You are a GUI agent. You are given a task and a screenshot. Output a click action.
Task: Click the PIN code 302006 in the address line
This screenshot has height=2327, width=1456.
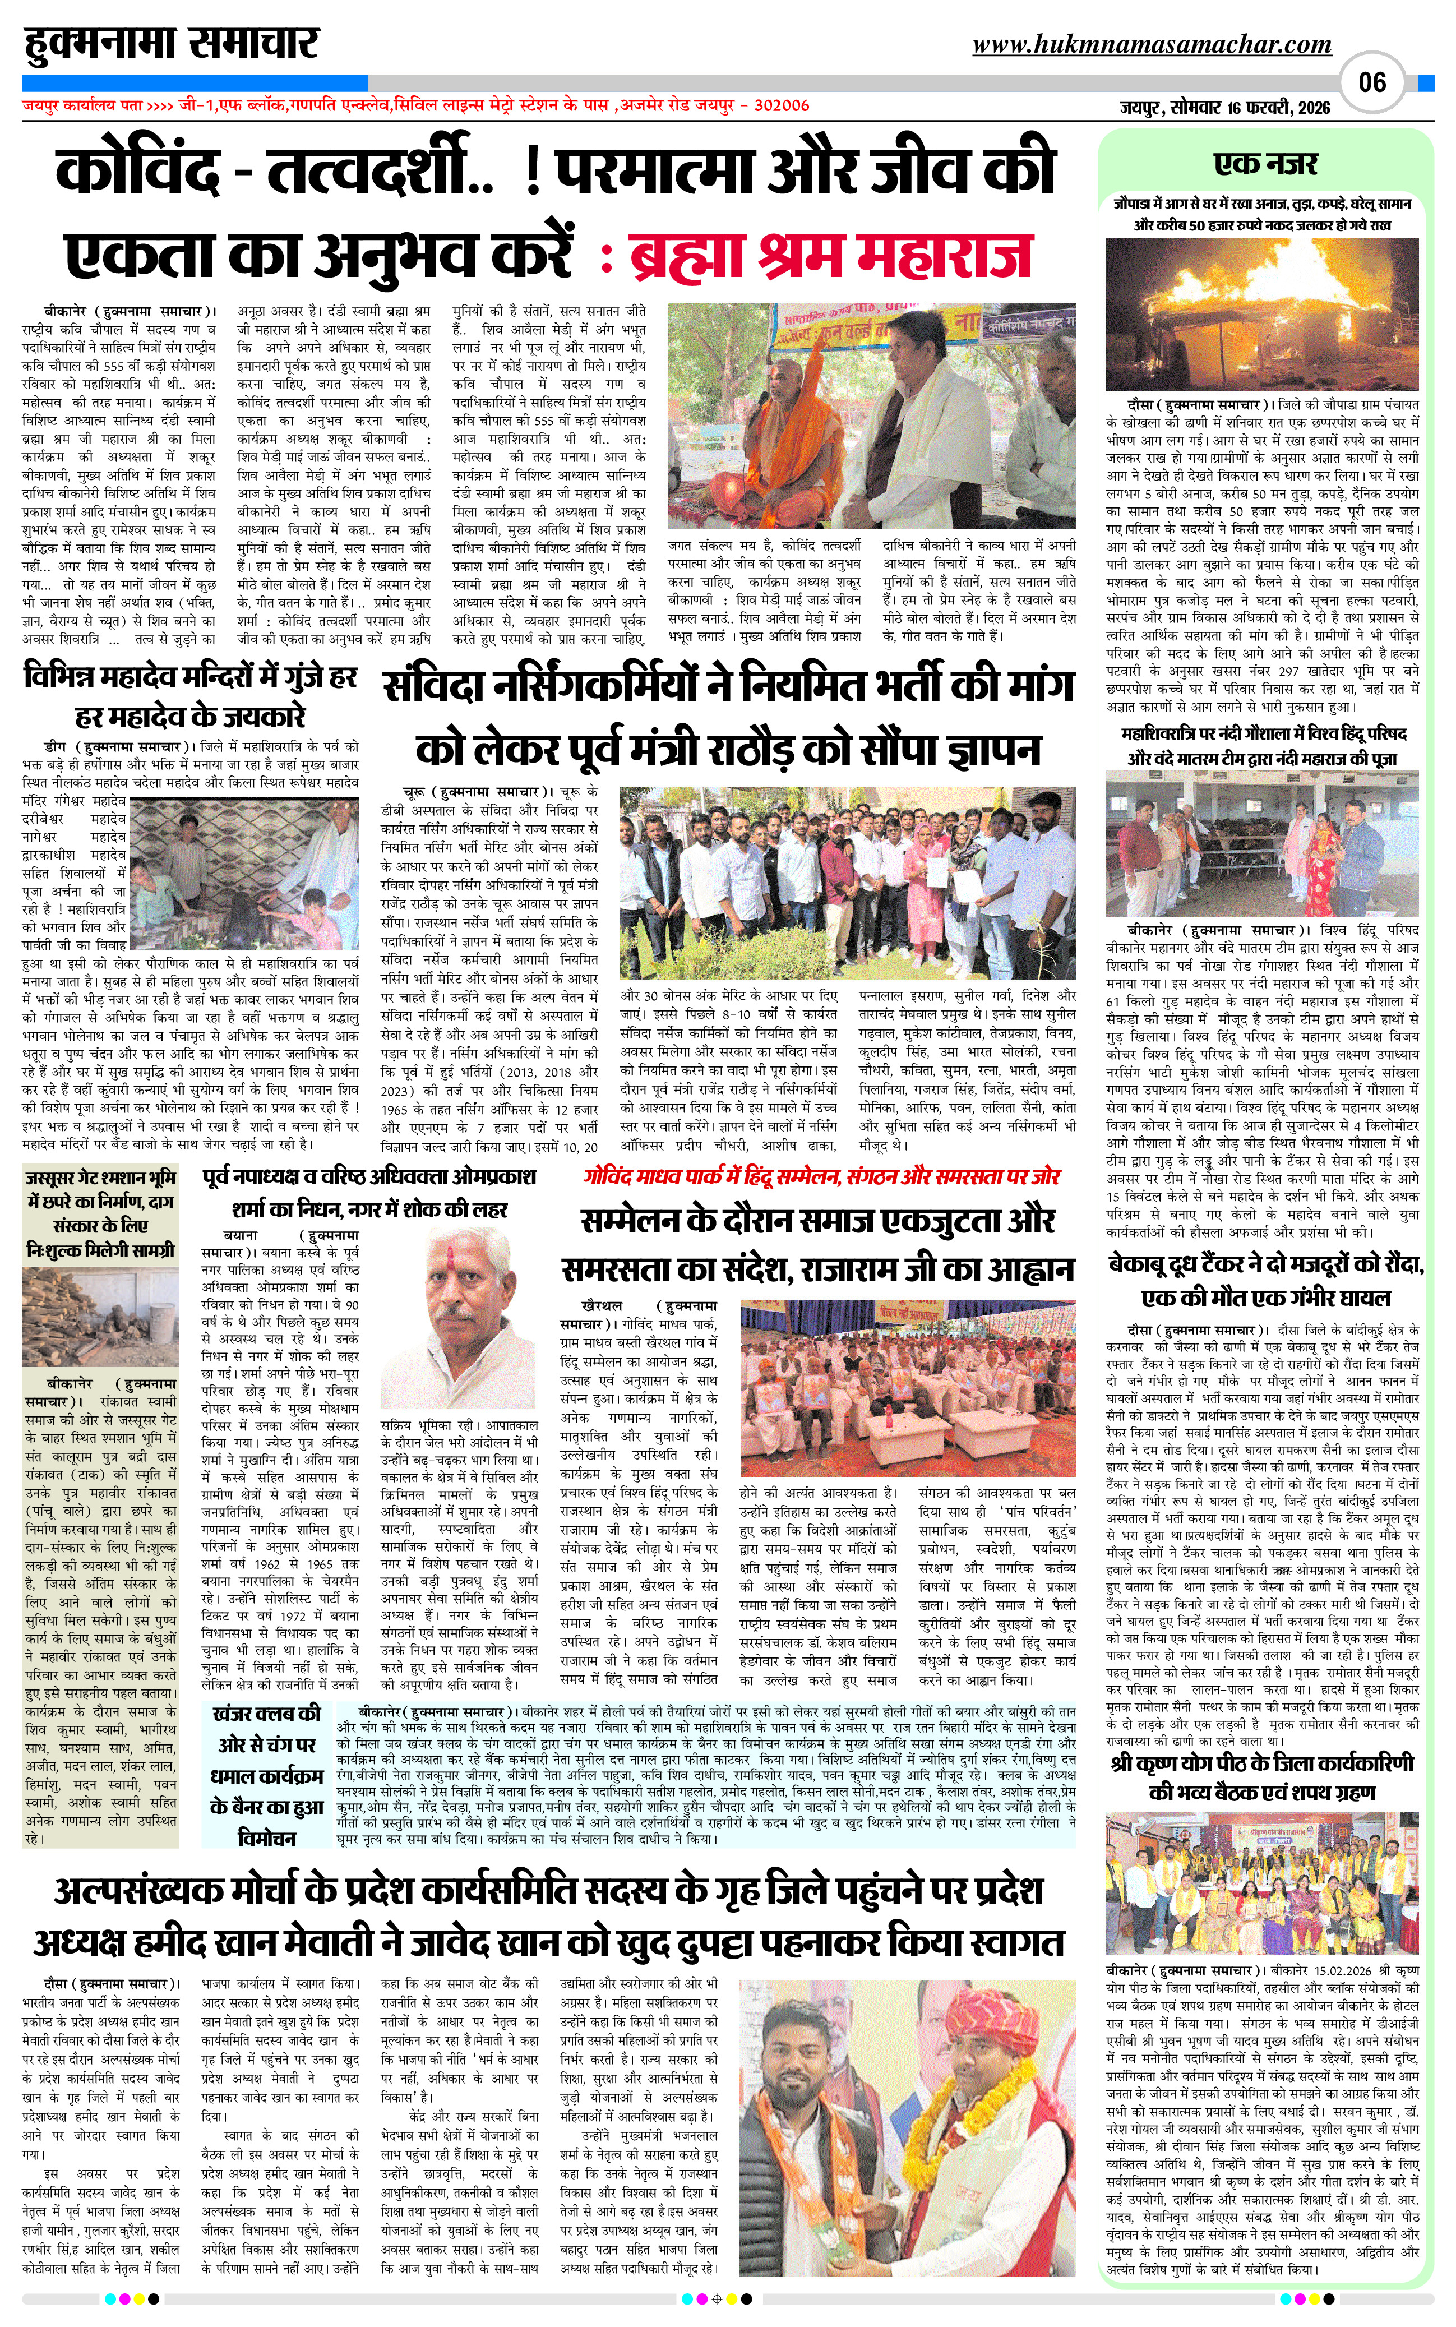coord(779,106)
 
